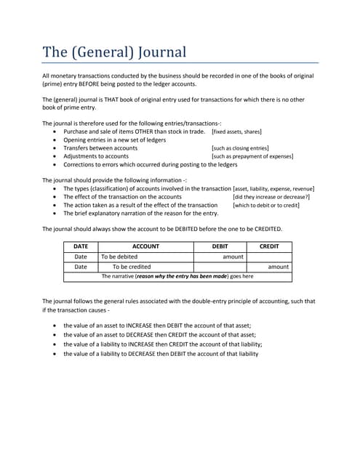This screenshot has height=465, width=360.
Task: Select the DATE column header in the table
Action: point(81,246)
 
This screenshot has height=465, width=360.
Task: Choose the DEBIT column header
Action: point(219,246)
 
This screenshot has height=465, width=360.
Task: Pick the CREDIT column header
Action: point(269,246)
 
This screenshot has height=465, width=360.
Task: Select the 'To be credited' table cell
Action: point(131,267)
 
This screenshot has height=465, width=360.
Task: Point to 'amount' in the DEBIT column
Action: point(233,256)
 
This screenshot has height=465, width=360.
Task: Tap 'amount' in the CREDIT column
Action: point(278,267)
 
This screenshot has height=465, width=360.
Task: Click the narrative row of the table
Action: point(177,276)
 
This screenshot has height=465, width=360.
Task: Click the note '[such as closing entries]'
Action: point(240,148)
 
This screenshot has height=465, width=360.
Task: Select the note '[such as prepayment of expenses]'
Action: point(252,156)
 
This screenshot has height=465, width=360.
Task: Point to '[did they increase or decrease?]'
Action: point(271,197)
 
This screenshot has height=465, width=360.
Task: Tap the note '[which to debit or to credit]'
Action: point(266,205)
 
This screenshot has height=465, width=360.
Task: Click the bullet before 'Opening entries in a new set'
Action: point(56,140)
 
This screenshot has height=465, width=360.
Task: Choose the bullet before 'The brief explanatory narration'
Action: point(56,214)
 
